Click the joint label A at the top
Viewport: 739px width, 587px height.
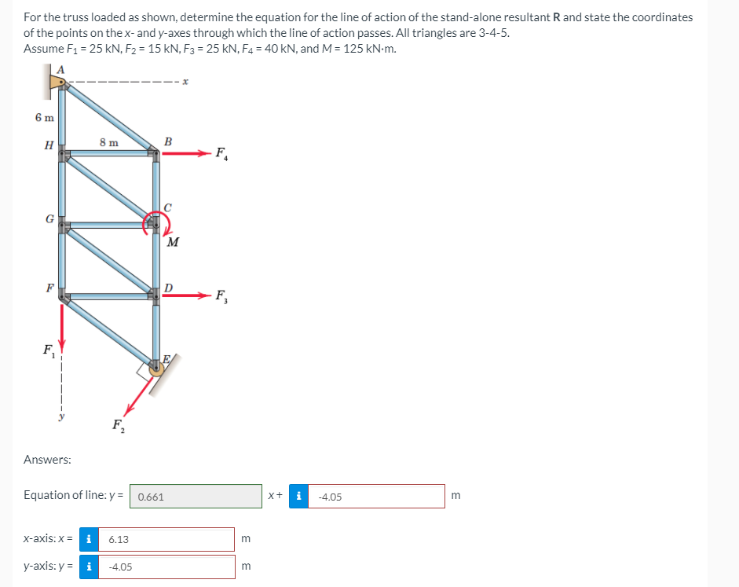point(61,69)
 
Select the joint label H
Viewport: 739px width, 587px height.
point(49,145)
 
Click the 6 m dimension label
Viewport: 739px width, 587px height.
point(45,118)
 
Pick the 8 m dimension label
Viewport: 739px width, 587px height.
point(109,142)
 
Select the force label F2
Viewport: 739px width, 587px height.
point(118,427)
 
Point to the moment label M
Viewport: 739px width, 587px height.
point(172,242)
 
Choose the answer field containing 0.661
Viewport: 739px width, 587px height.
point(196,497)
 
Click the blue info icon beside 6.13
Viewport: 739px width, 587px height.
point(90,540)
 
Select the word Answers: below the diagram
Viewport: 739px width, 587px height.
point(47,460)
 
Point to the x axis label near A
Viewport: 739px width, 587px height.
point(183,81)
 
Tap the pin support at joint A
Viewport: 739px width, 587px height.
point(57,81)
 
